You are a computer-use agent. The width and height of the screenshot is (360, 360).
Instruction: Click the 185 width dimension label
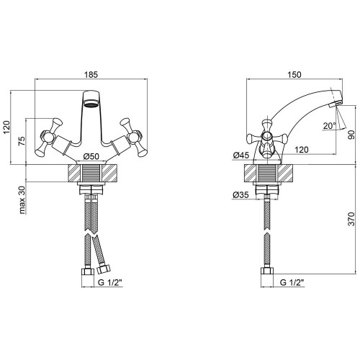tap(91, 75)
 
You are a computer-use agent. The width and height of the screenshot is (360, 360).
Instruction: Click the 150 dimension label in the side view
tap(294, 75)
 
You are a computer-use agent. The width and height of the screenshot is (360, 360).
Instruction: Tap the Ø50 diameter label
tap(91, 156)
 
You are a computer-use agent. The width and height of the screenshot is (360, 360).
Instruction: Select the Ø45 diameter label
tap(241, 156)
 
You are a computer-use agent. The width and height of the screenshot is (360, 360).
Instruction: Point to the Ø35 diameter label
tap(240, 194)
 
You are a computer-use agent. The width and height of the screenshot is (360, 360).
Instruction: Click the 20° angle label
tap(330, 125)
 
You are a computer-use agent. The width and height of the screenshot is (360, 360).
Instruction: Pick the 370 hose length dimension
tap(351, 219)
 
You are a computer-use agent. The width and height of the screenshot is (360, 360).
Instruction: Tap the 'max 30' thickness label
tap(22, 199)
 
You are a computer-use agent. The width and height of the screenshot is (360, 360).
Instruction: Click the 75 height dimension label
tap(22, 141)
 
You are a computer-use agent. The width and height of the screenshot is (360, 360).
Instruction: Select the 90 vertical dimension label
tap(351, 135)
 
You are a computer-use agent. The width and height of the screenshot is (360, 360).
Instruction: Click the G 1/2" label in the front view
tap(110, 282)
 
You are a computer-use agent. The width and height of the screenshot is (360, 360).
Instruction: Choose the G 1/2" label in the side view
tap(292, 282)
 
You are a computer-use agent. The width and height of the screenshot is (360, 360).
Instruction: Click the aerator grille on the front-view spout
tap(91, 104)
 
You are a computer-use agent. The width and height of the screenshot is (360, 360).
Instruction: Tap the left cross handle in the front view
tap(49, 138)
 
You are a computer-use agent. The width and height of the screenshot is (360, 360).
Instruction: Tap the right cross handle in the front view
tap(133, 138)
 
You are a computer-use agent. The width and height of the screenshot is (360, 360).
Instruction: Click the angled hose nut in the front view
tap(104, 269)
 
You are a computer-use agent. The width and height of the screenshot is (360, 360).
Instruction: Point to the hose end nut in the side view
tap(267, 271)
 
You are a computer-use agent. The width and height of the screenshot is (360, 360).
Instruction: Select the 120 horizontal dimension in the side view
tap(301, 150)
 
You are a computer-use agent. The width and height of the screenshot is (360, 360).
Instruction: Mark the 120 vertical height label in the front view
tap(7, 127)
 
